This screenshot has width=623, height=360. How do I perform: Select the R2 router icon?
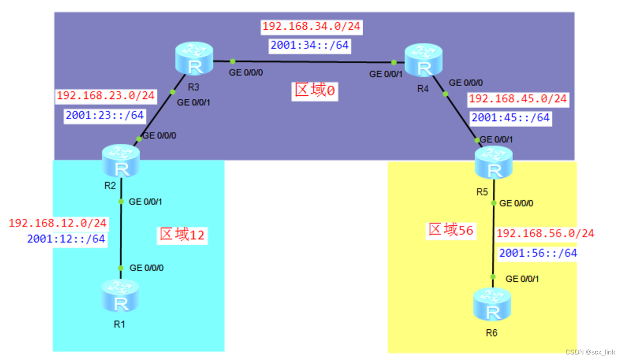pos(121,161)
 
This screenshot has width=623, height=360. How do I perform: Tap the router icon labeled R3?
pos(195,59)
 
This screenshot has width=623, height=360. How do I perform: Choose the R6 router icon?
pos(492,305)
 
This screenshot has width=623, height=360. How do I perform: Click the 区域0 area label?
pos(315,91)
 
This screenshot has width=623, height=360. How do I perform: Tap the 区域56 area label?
pos(450,230)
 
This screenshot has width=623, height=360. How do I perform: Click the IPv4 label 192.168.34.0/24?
pos(311,26)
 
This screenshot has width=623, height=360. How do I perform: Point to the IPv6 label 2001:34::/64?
pos(309,45)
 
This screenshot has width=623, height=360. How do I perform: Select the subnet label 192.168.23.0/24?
pos(106,96)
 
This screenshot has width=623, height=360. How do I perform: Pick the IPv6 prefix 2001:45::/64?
pos(510,118)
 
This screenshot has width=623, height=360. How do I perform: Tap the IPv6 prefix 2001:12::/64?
pos(66,239)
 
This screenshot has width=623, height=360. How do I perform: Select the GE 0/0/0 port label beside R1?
pos(146,268)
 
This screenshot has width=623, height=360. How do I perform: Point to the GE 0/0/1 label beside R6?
pos(522,279)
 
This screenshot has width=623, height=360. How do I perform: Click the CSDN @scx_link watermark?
pos(590,352)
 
